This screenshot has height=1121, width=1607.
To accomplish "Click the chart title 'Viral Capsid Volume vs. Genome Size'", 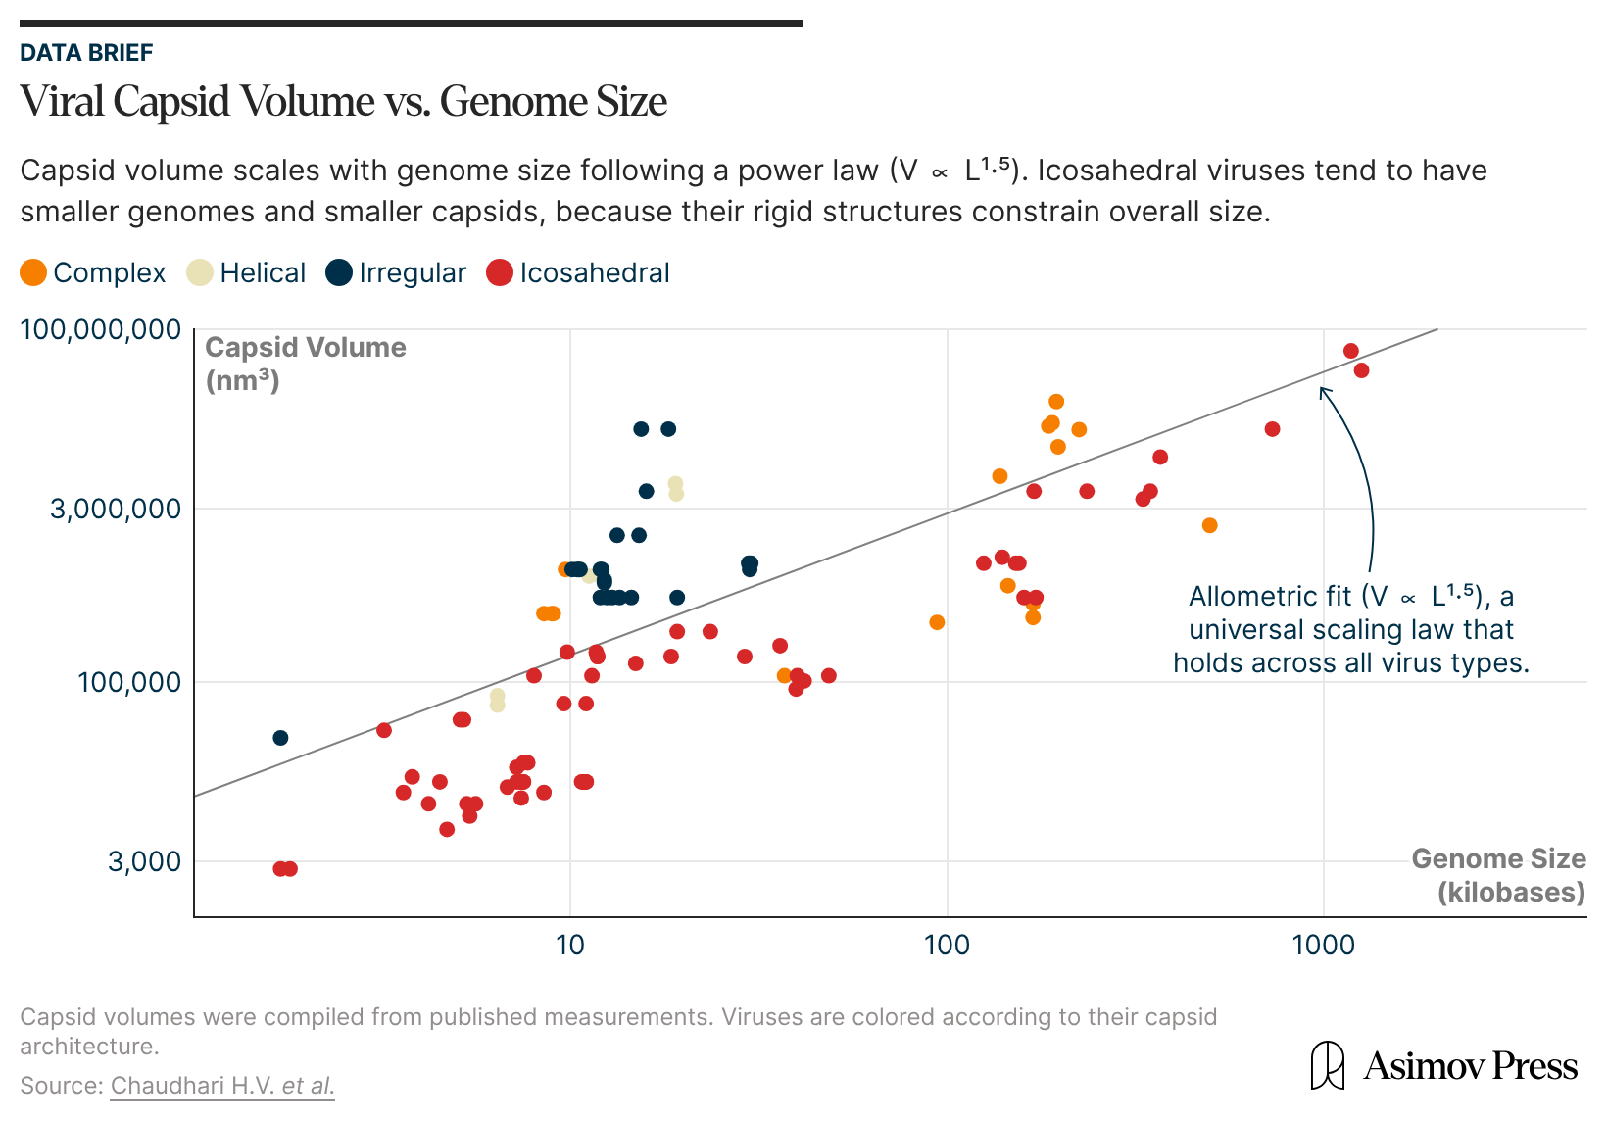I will click(x=343, y=102).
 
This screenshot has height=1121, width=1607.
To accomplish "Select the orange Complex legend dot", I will click(x=33, y=272).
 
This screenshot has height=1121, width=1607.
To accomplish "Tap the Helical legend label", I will click(x=263, y=272).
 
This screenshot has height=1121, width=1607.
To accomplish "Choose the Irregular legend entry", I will click(x=412, y=272).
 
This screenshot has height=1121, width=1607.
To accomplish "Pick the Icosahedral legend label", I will click(x=594, y=272).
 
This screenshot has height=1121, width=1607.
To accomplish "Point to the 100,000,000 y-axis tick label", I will click(x=101, y=329).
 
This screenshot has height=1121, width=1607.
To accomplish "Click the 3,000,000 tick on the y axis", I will click(x=116, y=509).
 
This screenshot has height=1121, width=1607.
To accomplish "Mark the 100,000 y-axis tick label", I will click(x=129, y=682).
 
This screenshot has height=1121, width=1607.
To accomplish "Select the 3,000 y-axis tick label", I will click(x=144, y=861).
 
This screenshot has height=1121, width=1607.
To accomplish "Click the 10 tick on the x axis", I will click(x=570, y=945).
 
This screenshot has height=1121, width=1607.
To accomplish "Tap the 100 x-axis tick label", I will click(x=947, y=945).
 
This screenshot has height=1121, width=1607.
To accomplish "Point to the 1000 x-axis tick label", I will click(x=1323, y=945).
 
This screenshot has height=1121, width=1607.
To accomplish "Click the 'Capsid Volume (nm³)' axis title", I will click(x=305, y=364).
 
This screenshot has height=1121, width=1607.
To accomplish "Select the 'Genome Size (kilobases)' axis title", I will click(x=1498, y=875).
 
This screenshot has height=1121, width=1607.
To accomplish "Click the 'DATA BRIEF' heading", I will click(x=86, y=53).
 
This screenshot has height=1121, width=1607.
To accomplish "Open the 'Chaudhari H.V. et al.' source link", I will click(x=222, y=1086).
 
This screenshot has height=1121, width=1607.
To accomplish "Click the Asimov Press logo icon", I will click(x=1327, y=1065).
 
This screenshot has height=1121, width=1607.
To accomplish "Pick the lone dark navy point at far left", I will click(x=280, y=738).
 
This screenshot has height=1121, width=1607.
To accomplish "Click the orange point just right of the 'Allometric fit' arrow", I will click(x=1209, y=525).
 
